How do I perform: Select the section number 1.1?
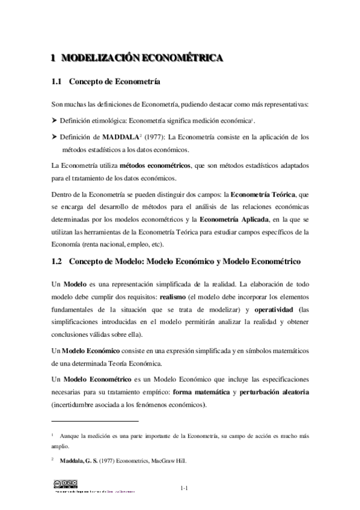pos(57,81)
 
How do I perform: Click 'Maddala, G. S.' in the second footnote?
pos(89,461)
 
